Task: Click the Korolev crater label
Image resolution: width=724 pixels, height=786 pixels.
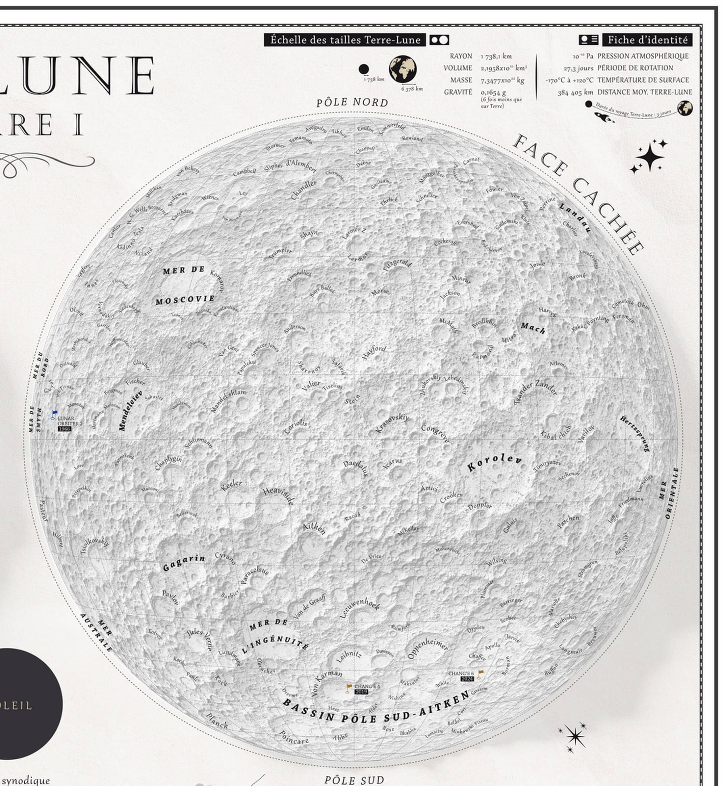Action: pyautogui.click(x=494, y=462)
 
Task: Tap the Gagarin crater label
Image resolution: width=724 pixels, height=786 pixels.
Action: pyautogui.click(x=184, y=563)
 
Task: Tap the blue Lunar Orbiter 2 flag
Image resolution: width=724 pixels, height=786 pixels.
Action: pyautogui.click(x=54, y=414)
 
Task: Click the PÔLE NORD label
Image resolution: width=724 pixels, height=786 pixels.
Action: pyautogui.click(x=352, y=103)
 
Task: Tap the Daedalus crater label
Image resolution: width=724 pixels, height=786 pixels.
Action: pyautogui.click(x=356, y=469)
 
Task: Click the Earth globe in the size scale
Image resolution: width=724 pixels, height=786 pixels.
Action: pyautogui.click(x=402, y=69)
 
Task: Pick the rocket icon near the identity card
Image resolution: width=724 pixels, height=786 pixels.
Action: pyautogui.click(x=604, y=117)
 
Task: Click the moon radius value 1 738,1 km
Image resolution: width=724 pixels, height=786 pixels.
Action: pyautogui.click(x=496, y=56)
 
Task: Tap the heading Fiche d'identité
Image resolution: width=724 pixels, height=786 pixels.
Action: pyautogui.click(x=647, y=40)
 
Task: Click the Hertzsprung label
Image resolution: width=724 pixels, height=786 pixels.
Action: pyautogui.click(x=635, y=434)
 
